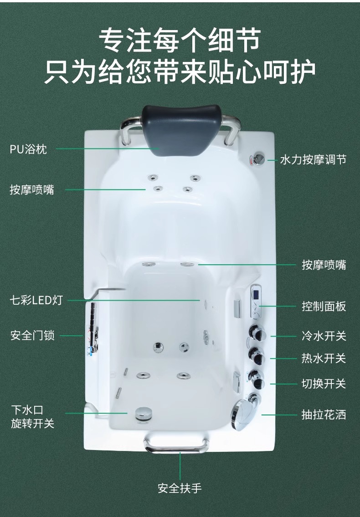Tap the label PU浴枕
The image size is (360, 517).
pos(28,149)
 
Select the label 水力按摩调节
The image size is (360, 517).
pos(313,160)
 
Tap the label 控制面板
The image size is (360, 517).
pos(324,306)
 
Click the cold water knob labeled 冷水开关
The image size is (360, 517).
pos(258,333)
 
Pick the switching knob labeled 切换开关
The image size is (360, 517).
pos(257,379)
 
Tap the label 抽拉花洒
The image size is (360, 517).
pos(324,415)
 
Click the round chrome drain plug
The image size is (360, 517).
pos(143,413)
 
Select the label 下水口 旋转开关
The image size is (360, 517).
pos(32,417)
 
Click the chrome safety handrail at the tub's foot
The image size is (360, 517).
pos(176,445)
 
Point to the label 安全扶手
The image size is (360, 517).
pos(180,488)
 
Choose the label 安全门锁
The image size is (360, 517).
pos(32,336)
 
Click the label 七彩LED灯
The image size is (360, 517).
pos(36,300)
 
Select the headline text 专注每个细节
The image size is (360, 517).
pos(180,40)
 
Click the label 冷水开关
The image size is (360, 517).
pos(324,336)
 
